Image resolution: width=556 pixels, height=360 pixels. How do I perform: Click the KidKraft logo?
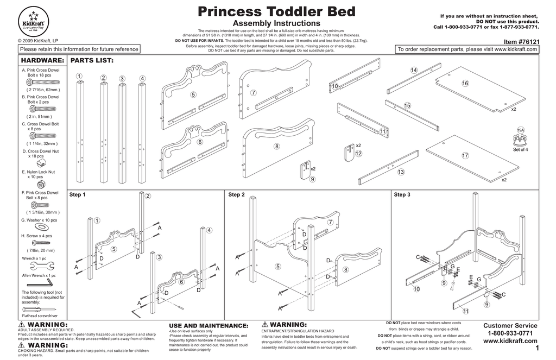[x=34, y=21]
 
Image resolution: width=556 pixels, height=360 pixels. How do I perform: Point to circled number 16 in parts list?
[x=465, y=83]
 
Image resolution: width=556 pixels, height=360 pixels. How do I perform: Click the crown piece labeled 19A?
[x=521, y=140]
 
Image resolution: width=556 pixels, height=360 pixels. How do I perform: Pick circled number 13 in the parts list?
[x=401, y=172]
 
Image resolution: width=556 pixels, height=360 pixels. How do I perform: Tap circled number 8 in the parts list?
[x=276, y=147]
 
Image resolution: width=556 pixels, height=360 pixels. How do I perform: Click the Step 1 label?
[x=78, y=194]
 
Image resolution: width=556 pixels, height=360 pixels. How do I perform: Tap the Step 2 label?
[x=236, y=194]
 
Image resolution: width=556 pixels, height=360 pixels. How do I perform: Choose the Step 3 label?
[x=402, y=194]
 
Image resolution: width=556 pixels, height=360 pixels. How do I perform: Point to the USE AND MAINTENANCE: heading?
[x=209, y=326]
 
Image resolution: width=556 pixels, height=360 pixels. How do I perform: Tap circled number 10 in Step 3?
[x=416, y=289]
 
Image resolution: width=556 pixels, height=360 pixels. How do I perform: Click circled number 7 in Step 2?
[x=330, y=223]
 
